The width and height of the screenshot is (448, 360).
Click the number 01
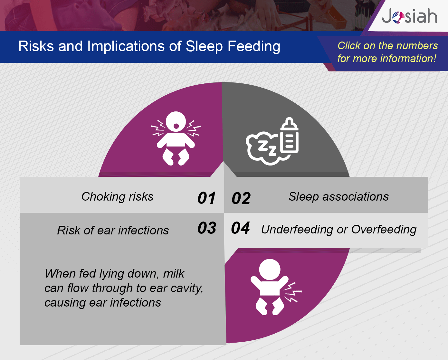206,198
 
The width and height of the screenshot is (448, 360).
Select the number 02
241,198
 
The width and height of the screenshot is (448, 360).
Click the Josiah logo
409,16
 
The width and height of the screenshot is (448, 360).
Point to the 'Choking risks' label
118,196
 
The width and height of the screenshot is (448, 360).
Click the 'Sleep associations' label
338,196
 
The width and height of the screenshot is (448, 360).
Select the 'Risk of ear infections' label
113,230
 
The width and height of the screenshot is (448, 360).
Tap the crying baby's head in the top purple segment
176,122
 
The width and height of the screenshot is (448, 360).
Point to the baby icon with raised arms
270,287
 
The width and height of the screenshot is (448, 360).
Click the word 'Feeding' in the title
254,46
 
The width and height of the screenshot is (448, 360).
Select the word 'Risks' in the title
36,46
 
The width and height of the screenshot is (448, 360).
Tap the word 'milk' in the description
174,273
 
